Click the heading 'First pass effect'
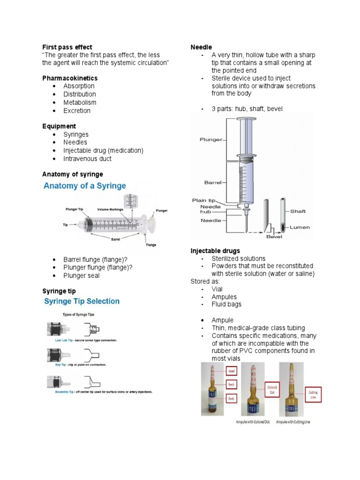(x=67, y=47)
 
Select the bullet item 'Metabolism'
(x=80, y=102)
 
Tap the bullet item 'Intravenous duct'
(x=87, y=158)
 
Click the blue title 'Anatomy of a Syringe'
(x=85, y=186)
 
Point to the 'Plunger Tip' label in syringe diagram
(x=75, y=209)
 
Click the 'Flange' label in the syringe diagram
(x=150, y=244)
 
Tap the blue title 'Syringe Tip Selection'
(x=82, y=301)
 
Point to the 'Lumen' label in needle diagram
(x=300, y=227)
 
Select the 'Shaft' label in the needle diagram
(x=298, y=211)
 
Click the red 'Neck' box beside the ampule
(x=231, y=384)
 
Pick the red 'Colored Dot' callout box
(x=272, y=390)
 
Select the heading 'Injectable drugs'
(x=215, y=251)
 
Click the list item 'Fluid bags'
(x=226, y=304)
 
